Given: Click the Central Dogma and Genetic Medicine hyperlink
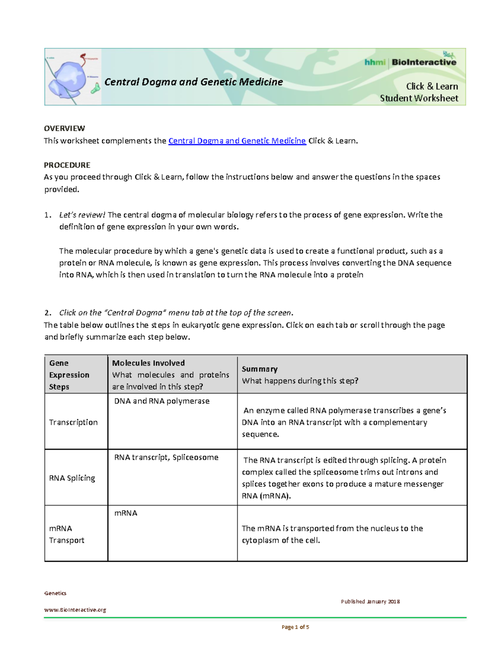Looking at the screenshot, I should click(237, 141).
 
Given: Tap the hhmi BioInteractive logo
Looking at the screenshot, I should click(410, 63).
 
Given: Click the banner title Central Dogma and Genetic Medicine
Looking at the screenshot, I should click(193, 82).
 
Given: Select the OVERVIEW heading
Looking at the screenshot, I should click(64, 128).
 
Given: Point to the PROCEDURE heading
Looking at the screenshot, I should click(67, 165).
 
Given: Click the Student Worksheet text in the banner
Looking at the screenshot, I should click(419, 98).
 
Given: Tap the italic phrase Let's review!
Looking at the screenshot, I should click(82, 215).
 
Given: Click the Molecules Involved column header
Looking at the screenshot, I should click(148, 363).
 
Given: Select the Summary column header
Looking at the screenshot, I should click(260, 369).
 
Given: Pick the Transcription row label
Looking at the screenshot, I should click(73, 422).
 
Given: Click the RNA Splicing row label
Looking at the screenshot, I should click(72, 478).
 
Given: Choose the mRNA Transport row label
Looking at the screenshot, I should click(66, 534).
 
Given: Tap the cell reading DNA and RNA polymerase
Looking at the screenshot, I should click(162, 401).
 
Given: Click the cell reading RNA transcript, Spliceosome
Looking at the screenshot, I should click(166, 458).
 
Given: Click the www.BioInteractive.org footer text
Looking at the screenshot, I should click(75, 610).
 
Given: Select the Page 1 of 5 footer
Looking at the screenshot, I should click(295, 627).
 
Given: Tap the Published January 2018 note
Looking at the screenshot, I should click(370, 602).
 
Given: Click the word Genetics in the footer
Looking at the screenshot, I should click(55, 593).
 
